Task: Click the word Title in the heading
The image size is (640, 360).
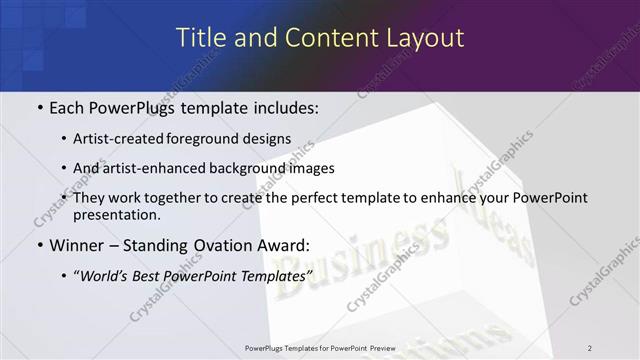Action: (201, 38)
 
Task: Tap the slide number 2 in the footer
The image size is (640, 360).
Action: (590, 348)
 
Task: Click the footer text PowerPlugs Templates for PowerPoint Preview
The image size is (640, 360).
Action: (320, 348)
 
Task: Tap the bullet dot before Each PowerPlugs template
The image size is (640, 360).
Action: (39, 106)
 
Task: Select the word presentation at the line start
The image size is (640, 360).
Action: (116, 215)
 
